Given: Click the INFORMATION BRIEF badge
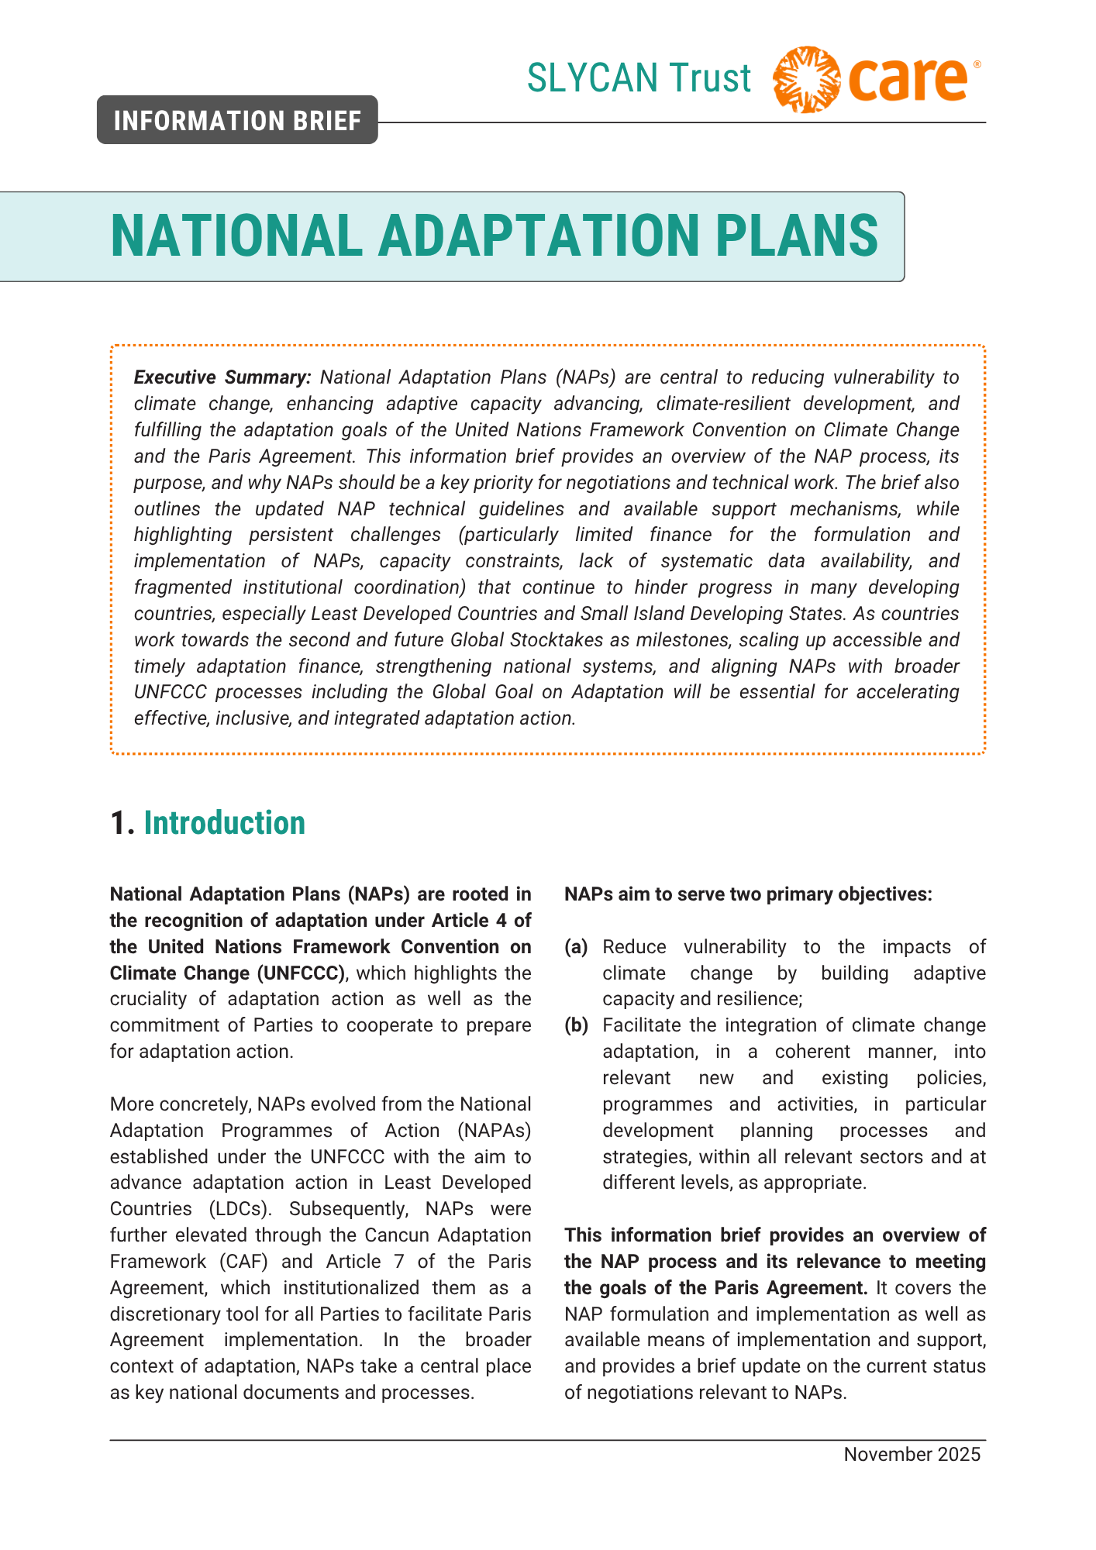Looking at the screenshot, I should [237, 121].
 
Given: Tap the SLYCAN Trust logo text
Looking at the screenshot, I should [639, 78].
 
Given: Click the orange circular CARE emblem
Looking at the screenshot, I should [806, 79].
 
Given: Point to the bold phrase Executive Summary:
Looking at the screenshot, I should [222, 377].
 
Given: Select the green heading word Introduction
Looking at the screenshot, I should [225, 823].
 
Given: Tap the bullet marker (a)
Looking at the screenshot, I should [576, 947].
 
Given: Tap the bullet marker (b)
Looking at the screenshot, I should [576, 1025].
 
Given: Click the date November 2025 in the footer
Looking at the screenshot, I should [912, 1455].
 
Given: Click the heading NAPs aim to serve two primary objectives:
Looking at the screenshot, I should [747, 894].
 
